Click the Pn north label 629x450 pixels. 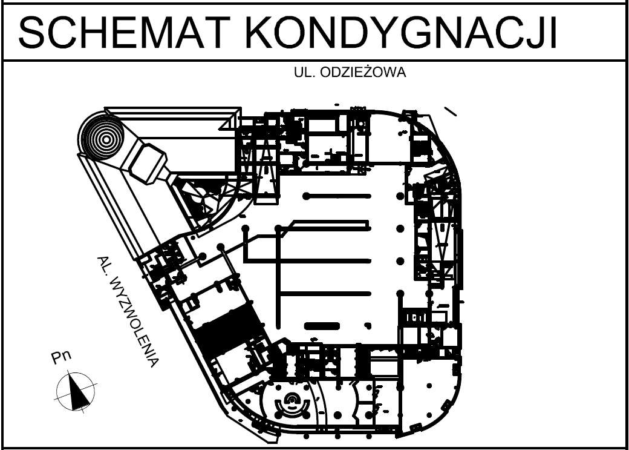[61, 357]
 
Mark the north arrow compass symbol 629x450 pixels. [76, 391]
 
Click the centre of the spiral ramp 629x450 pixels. [106, 139]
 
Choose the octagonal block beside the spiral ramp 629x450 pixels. [147, 162]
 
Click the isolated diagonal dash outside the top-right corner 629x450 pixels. [450, 111]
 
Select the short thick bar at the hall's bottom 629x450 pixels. [319, 326]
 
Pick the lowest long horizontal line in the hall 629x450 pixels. [324, 294]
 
